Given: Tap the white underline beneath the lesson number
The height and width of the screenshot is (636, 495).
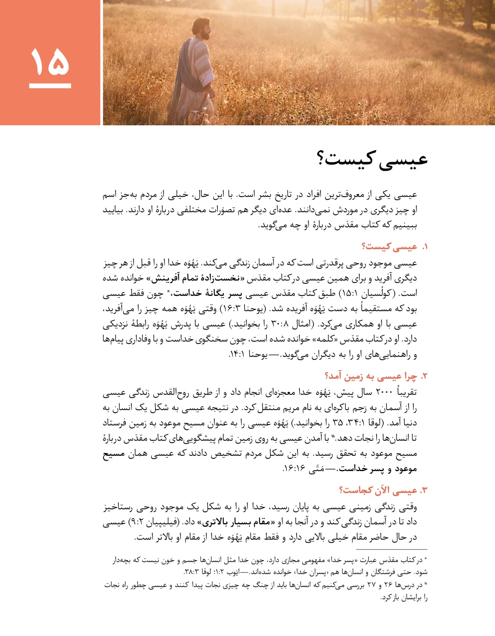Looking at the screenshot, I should click(50, 86).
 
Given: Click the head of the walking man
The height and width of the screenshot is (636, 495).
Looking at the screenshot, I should click(201, 26).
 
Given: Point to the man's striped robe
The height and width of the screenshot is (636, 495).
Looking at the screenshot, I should click(194, 70).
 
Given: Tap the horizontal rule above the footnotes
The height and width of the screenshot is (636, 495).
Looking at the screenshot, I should click(391, 549).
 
